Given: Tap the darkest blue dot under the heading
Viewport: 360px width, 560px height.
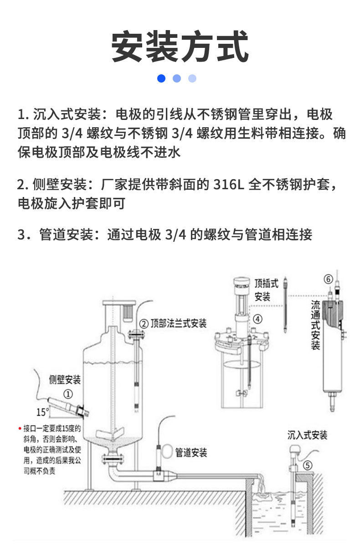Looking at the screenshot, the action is click(x=161, y=78).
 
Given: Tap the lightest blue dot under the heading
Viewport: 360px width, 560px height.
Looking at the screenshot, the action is click(x=192, y=78).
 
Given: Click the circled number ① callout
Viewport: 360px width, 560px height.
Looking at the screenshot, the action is click(x=68, y=394).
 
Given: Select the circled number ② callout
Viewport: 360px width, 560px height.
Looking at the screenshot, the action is click(x=144, y=324).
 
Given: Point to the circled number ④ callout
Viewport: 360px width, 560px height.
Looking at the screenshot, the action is click(x=257, y=319).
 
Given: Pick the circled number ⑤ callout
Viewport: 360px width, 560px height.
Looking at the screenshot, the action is click(x=308, y=466).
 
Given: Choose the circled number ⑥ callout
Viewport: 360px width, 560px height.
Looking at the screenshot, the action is click(x=329, y=279).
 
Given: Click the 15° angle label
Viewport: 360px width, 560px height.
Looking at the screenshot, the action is click(x=43, y=412).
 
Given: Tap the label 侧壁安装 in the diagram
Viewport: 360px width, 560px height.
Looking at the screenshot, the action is click(x=65, y=380).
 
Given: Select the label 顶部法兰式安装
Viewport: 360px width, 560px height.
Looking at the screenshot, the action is click(x=178, y=324).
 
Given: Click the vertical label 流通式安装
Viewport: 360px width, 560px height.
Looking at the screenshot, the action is click(x=315, y=325).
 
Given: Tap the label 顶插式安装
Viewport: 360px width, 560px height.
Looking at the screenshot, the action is click(x=266, y=290).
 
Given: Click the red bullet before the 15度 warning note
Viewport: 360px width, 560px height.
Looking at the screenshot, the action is click(x=20, y=429).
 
